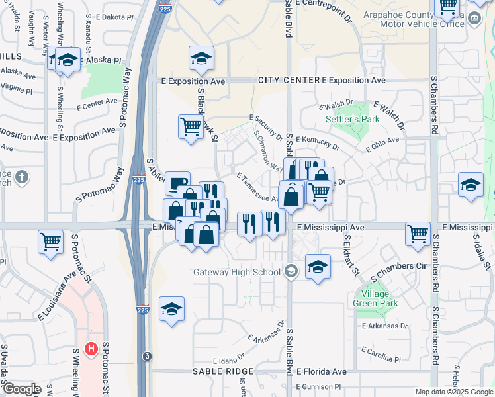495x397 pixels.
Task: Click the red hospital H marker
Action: (x=92, y=348)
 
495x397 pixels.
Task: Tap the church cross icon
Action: (x=22, y=177)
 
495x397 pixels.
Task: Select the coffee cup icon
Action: (x=177, y=183)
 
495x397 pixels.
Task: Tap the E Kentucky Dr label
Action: (x=318, y=142)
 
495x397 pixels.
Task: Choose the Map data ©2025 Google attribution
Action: (x=453, y=391)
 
